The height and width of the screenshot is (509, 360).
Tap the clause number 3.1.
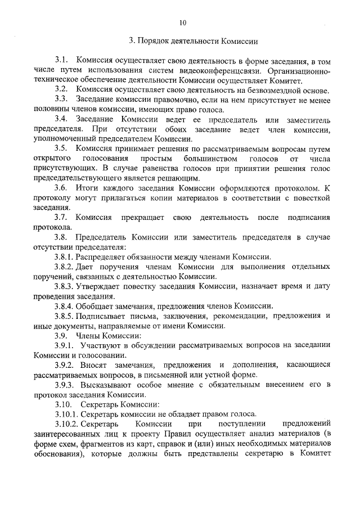pos(61,60)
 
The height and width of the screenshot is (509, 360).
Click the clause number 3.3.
pos(61,100)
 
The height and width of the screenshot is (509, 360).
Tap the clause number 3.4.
pos(61,120)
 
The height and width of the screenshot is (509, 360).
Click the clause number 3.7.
pos(61,218)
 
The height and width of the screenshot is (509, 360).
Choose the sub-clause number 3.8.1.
pos(65,256)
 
